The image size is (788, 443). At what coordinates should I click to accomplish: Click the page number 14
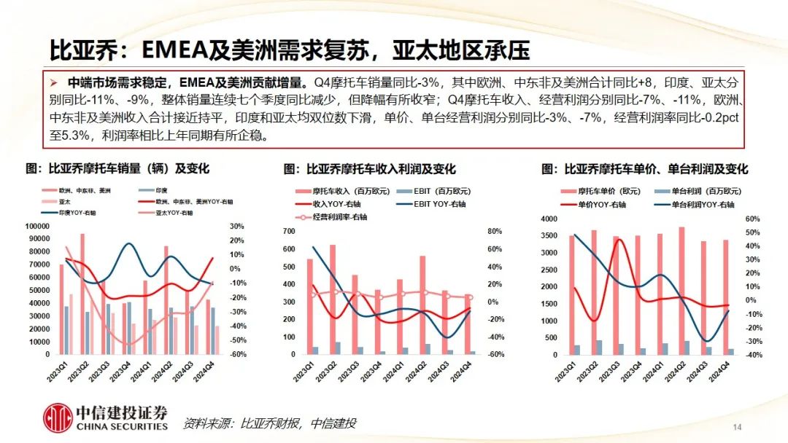click(x=736, y=426)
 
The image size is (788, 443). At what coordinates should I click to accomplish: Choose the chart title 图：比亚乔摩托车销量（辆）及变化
click(x=117, y=168)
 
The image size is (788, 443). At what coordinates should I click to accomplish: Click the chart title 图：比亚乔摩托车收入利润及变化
click(x=370, y=168)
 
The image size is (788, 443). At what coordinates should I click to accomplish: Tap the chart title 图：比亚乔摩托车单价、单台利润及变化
click(x=644, y=168)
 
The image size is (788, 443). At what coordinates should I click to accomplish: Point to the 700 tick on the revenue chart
click(x=290, y=232)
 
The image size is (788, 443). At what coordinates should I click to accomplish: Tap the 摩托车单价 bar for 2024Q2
click(x=681, y=291)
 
